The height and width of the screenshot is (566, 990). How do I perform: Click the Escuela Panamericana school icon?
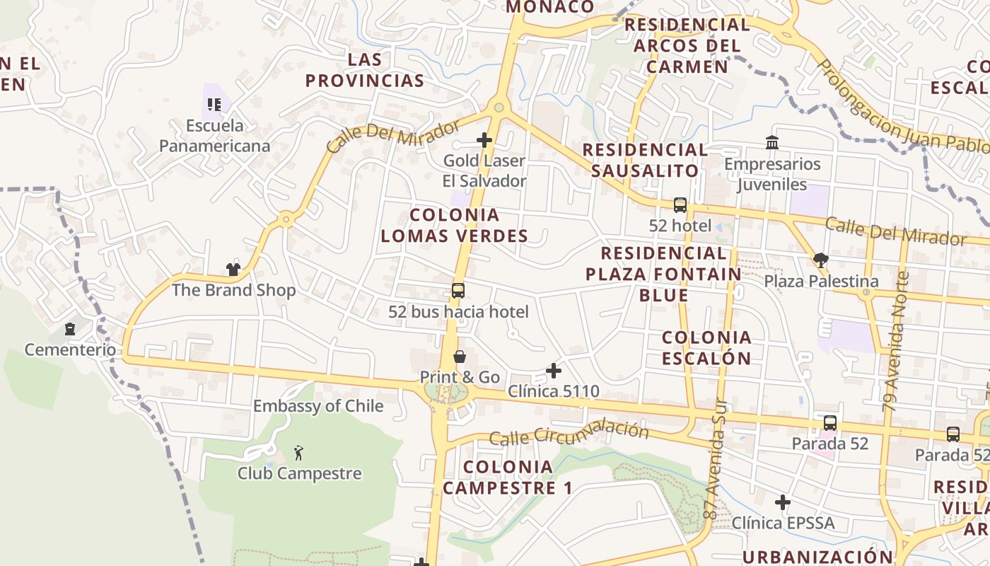tap(214, 105)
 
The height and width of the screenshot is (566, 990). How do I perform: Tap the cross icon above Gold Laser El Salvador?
tap(484, 140)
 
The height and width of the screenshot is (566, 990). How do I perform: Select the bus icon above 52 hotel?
tap(680, 205)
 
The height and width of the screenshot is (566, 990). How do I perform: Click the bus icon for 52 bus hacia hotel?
tap(458, 290)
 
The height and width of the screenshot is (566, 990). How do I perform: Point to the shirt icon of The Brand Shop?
tap(233, 269)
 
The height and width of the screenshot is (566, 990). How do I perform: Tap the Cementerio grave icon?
tap(70, 329)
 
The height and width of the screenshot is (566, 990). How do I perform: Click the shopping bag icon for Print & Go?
tap(460, 356)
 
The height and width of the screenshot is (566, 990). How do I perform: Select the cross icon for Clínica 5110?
tap(554, 370)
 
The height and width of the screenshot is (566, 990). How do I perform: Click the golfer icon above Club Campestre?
tap(298, 452)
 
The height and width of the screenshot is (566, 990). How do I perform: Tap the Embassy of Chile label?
tap(318, 406)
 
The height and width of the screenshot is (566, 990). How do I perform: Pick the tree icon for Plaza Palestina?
tap(821, 260)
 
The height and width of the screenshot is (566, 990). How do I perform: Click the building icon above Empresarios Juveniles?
tap(772, 143)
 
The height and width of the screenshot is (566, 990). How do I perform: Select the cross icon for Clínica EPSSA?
tap(782, 502)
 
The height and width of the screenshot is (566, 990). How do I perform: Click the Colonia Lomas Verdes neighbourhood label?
tap(455, 225)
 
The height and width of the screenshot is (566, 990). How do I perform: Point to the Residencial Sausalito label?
tap(644, 160)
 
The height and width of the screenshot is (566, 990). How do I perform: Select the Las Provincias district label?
tap(365, 69)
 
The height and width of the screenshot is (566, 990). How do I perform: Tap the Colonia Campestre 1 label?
tap(508, 478)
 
